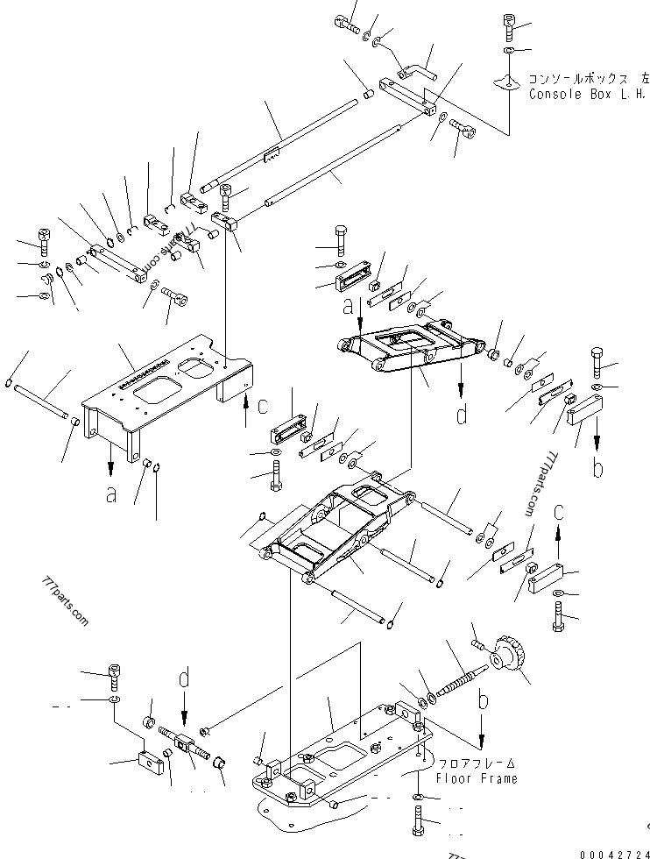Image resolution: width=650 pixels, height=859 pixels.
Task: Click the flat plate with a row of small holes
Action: [x=158, y=371]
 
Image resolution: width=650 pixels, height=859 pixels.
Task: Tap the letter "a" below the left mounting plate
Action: [x=111, y=495]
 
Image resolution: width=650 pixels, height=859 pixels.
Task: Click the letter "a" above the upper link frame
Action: [x=349, y=307]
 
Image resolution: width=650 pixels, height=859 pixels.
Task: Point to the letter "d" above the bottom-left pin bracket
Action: [x=184, y=679]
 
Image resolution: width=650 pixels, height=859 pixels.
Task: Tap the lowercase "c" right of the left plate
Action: [x=262, y=405]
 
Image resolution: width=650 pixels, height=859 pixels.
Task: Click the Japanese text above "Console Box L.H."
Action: [x=582, y=77]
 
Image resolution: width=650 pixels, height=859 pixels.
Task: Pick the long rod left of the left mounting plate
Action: [x=45, y=400]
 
